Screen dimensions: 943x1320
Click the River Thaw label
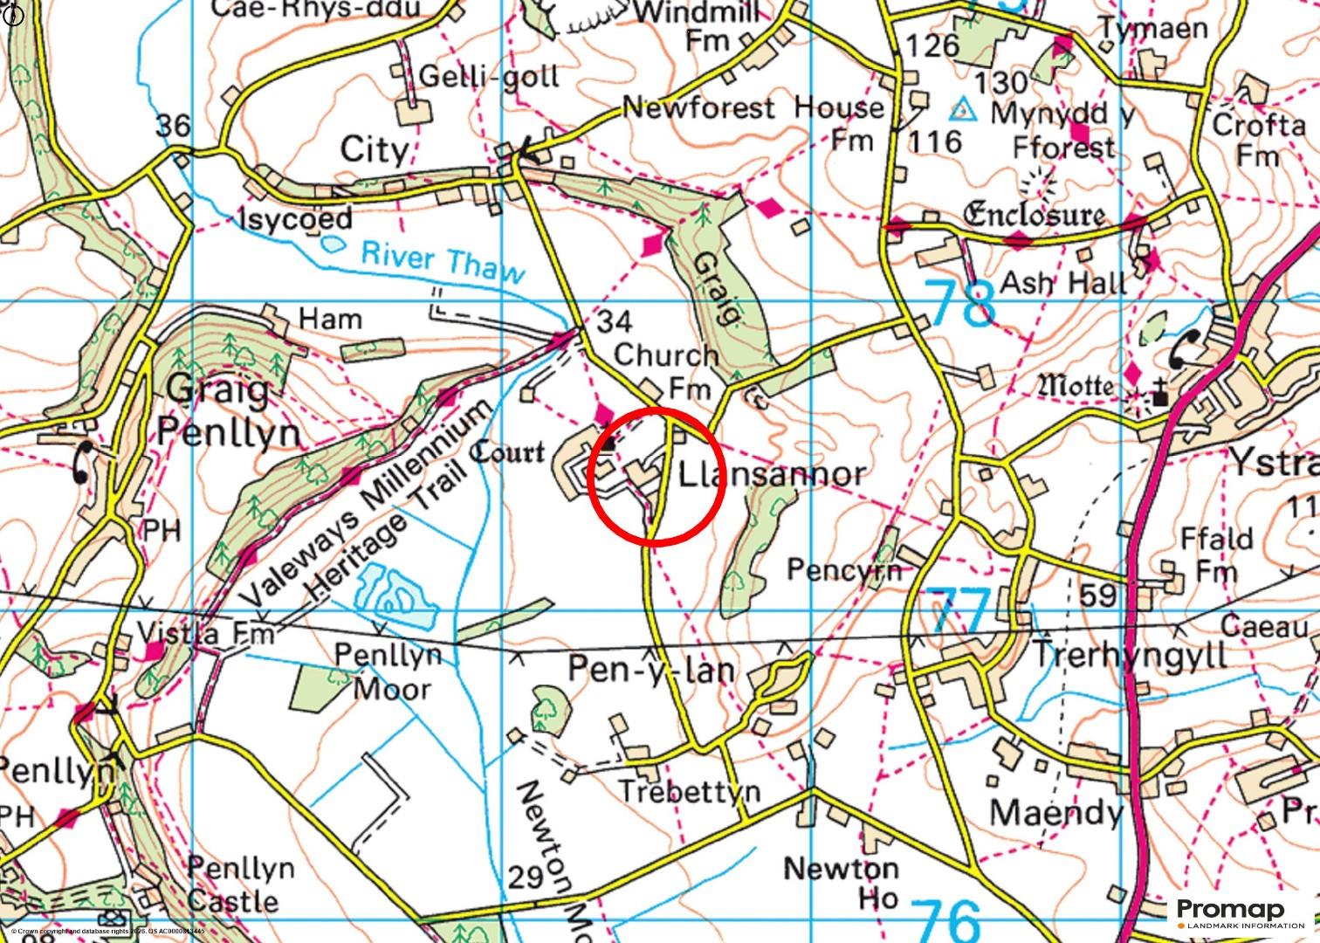443,261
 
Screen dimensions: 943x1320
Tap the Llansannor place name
772,474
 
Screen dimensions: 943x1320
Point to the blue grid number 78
959,302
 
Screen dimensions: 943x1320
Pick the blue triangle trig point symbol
962,109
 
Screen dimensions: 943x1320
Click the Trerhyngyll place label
1130,654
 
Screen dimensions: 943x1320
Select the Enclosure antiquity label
1034,214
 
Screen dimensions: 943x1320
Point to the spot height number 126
932,45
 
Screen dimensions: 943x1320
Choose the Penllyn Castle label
233,884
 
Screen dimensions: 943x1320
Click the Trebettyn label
689,791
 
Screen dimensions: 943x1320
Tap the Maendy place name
1055,813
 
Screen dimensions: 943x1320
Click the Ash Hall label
1062,282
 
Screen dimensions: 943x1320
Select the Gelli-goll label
489,77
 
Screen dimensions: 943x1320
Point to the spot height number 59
1097,595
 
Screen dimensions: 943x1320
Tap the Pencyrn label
843,569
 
